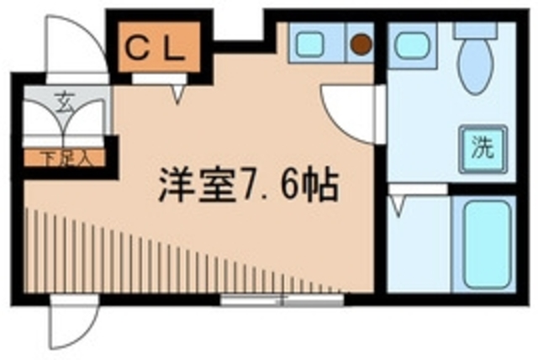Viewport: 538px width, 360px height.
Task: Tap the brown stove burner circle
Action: click(361, 43)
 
